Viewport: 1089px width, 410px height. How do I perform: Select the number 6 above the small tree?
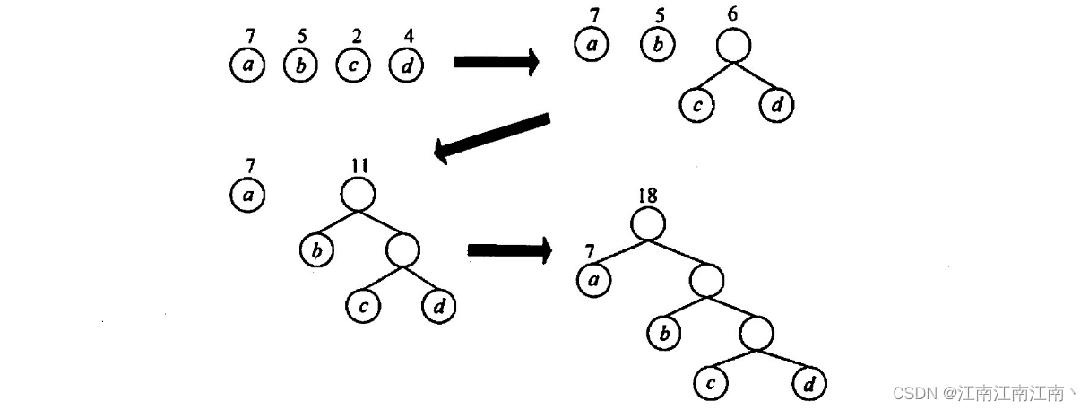click(733, 17)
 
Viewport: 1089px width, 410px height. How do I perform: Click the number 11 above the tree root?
click(359, 165)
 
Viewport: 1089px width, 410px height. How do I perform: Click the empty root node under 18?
click(648, 223)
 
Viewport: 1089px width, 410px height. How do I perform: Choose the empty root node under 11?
click(358, 194)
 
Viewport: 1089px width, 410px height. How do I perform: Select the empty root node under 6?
click(732, 46)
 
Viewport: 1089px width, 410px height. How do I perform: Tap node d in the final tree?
click(808, 386)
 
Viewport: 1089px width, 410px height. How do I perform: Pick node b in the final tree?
click(664, 335)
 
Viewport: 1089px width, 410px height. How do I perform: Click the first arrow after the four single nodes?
click(496, 62)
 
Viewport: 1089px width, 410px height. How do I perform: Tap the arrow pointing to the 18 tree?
click(509, 250)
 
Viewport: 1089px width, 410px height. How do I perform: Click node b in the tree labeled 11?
click(315, 250)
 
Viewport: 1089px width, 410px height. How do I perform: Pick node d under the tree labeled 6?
click(776, 106)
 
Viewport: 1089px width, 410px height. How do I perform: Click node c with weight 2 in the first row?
click(354, 66)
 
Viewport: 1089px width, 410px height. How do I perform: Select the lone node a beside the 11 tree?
click(247, 196)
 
